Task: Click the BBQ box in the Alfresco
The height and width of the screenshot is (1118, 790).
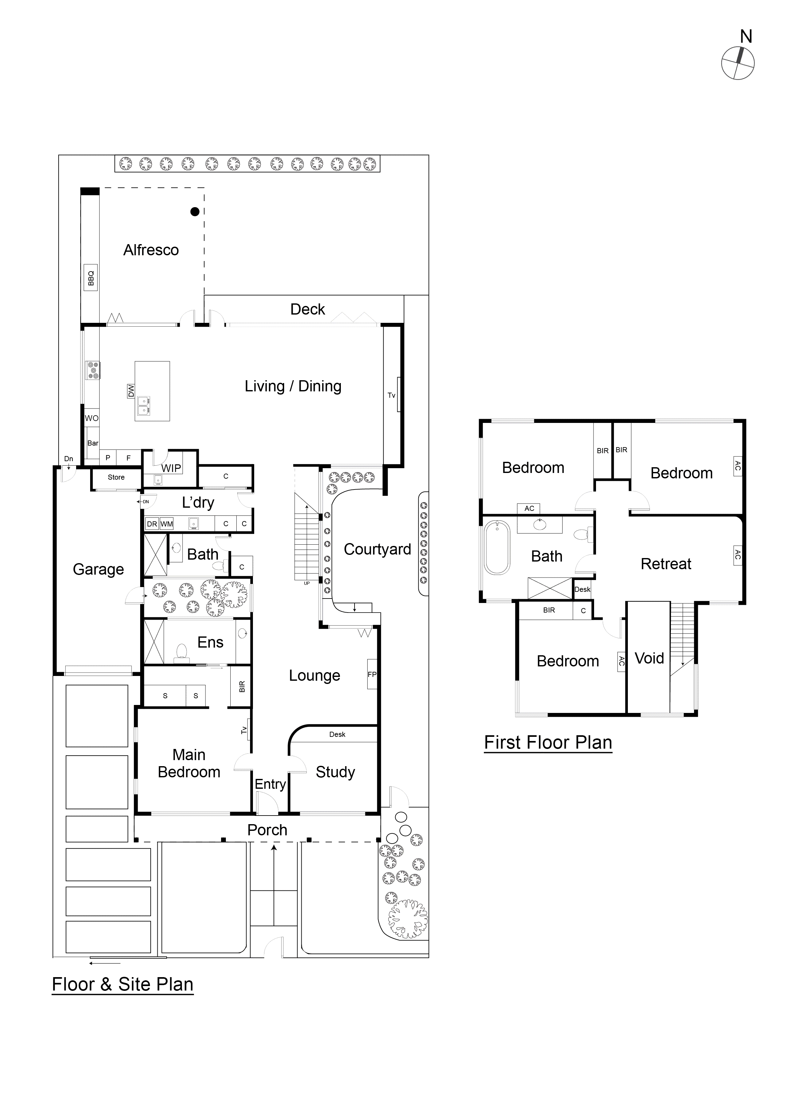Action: pos(90,278)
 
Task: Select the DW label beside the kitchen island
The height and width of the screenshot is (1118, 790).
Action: pos(131,390)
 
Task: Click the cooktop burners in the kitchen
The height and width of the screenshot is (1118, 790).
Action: pos(92,370)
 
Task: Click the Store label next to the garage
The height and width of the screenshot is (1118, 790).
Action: pos(116,477)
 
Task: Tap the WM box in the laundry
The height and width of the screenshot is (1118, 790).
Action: pos(167,524)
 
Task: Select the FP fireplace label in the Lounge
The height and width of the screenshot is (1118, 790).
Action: pos(372,674)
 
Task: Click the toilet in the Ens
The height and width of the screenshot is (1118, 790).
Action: pos(181,651)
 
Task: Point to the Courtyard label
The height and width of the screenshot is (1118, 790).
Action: pos(377,549)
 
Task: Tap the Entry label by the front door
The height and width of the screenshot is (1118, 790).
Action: pos(270,784)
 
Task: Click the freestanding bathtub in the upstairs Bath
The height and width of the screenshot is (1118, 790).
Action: pos(497,548)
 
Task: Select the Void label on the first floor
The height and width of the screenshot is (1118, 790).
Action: pos(649,658)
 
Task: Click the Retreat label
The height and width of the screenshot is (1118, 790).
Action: pos(665,564)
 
